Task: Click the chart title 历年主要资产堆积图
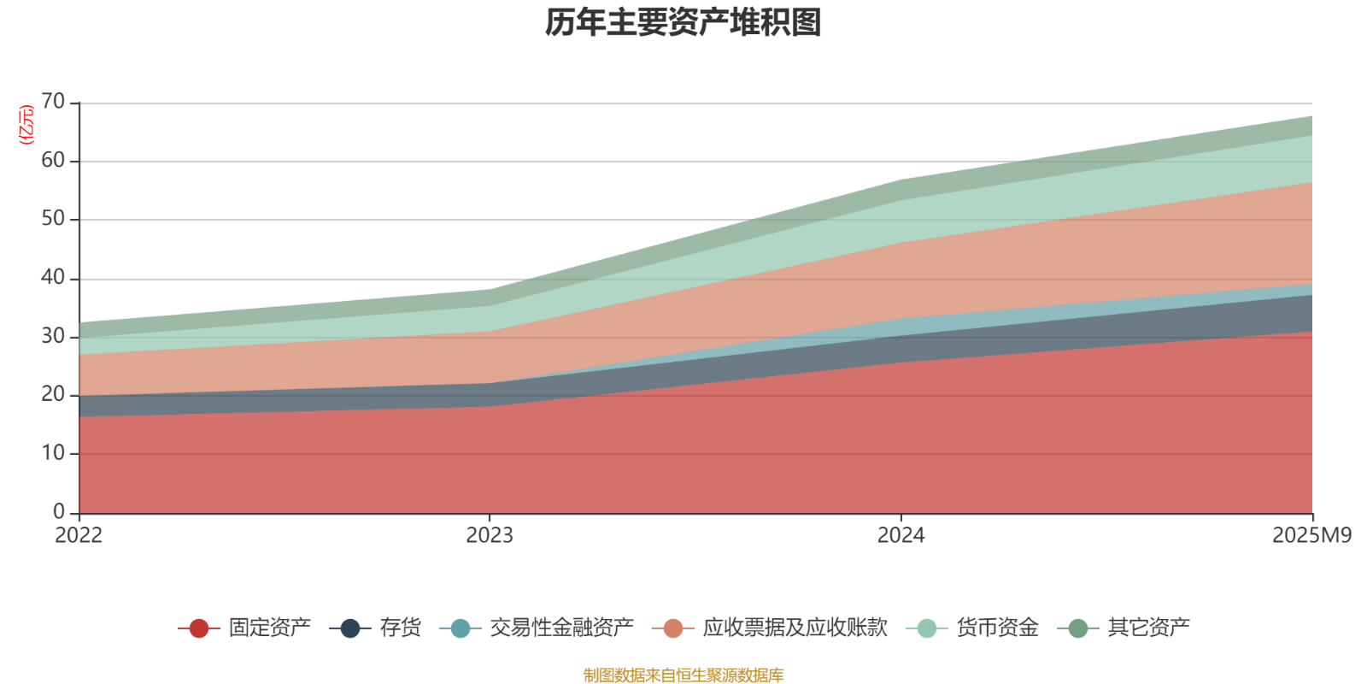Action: tap(683, 23)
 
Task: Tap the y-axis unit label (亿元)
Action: tap(26, 125)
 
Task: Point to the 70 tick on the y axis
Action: tap(53, 102)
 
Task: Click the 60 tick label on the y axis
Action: tap(53, 161)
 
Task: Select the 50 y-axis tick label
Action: tap(53, 219)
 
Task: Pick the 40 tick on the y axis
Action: tap(53, 277)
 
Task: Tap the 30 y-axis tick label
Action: tap(53, 336)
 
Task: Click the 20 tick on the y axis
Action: tap(53, 394)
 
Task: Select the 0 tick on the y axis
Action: tap(59, 511)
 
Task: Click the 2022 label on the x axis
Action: tap(79, 536)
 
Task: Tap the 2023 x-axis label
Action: tap(490, 536)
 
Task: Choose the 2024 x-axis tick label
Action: tap(901, 536)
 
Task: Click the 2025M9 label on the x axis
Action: tap(1311, 536)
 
